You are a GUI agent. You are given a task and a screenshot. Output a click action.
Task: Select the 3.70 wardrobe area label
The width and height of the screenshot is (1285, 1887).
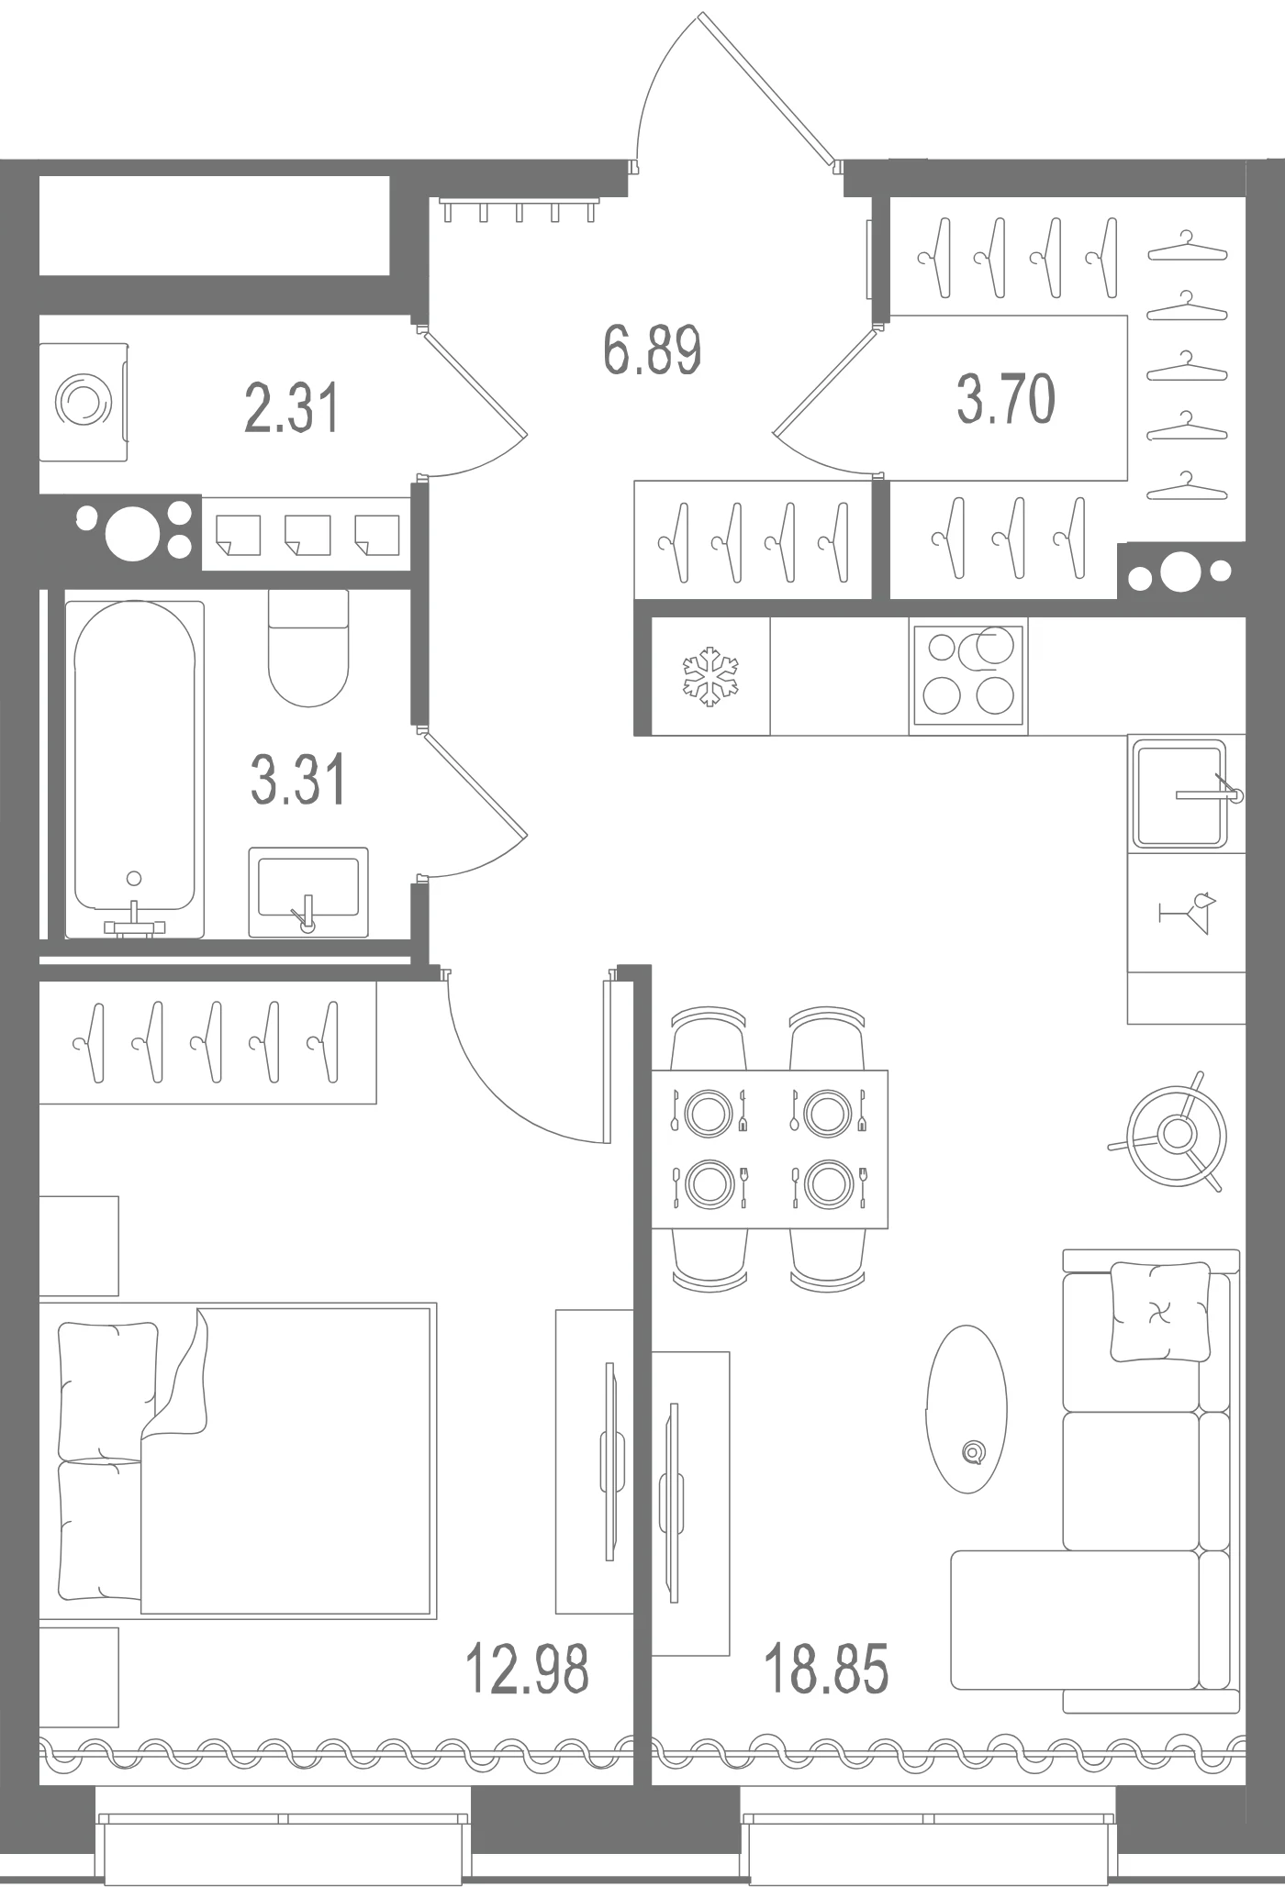[1006, 399]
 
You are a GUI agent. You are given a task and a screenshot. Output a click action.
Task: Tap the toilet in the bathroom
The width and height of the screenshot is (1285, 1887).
[308, 648]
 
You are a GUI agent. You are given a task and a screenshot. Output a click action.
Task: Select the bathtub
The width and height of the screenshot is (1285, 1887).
[135, 769]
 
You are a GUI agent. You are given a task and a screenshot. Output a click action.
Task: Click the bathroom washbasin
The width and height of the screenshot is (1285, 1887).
[308, 892]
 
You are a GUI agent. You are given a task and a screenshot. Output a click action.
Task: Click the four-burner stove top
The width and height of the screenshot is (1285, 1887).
[968, 675]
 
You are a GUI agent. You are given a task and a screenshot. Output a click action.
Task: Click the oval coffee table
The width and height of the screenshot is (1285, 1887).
[967, 1408]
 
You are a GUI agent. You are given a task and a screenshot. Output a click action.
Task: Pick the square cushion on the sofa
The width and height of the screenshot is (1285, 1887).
[1160, 1312]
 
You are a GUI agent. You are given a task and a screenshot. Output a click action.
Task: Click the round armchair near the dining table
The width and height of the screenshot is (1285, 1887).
[1177, 1134]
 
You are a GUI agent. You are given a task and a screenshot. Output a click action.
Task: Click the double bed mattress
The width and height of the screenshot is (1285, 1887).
[287, 1460]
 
